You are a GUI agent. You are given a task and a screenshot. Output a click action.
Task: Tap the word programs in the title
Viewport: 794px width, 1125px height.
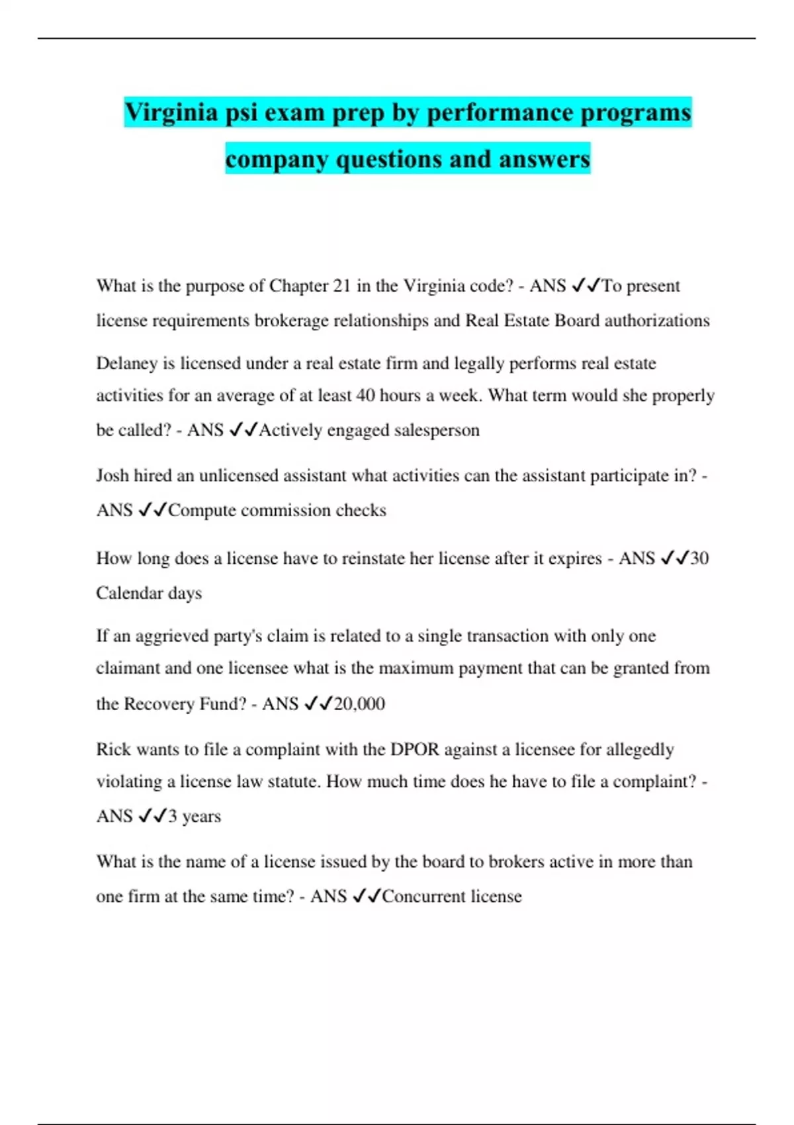click(x=635, y=112)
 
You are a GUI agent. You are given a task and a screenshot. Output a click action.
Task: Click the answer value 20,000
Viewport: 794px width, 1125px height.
click(x=359, y=703)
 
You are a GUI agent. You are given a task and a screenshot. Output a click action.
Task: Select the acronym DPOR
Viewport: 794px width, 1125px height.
click(x=415, y=750)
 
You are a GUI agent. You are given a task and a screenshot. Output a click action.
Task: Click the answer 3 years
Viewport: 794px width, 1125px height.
click(x=195, y=816)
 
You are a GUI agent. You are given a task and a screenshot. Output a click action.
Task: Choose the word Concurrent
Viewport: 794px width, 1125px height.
click(x=424, y=897)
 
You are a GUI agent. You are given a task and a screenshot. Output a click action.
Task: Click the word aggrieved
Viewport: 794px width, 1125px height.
click(x=172, y=637)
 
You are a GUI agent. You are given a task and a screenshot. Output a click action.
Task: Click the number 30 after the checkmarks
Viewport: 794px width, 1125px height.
click(x=699, y=559)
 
